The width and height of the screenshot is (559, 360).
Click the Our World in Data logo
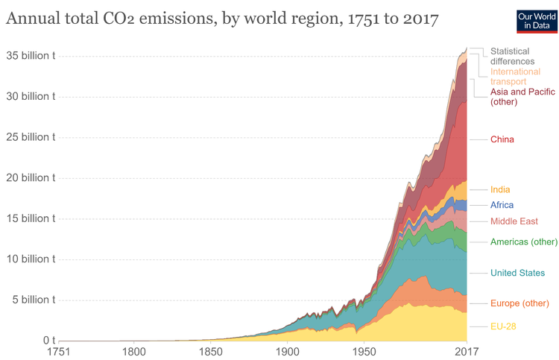[537, 20]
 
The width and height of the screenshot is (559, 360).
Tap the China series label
[502, 139]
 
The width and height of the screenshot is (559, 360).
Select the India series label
[500, 190]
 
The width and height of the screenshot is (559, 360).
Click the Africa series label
[502, 205]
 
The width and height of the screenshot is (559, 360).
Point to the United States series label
[517, 273]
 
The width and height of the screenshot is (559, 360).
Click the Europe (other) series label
[519, 303]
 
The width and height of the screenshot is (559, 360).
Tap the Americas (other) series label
[523, 241]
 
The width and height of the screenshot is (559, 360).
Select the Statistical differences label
[514, 56]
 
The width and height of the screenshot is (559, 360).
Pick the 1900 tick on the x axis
[287, 351]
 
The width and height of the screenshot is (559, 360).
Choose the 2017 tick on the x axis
[467, 351]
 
